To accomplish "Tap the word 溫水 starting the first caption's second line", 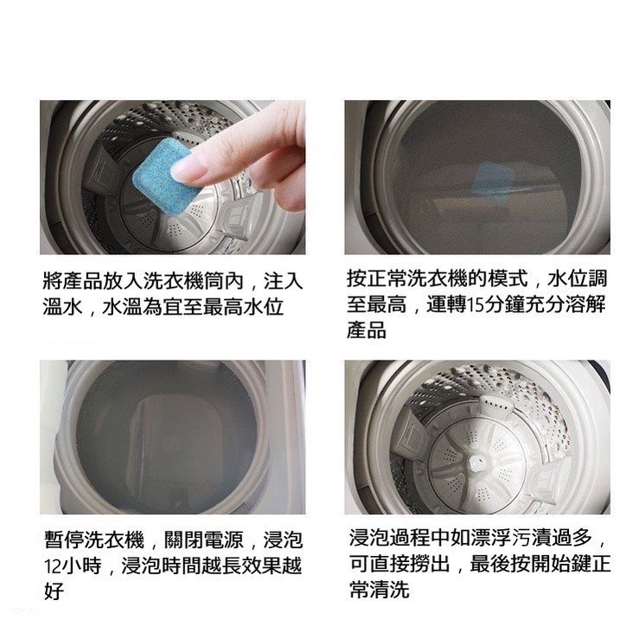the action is (62, 307).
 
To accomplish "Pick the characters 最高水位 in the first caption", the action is (243, 307).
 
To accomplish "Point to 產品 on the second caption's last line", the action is (367, 329).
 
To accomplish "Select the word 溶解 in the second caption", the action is (585, 305).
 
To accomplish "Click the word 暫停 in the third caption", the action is (64, 540).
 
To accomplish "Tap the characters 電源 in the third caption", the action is (224, 540).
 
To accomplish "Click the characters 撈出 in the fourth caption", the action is (431, 564).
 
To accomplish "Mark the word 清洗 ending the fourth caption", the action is (390, 590).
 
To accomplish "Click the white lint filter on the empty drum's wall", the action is (495, 406).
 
